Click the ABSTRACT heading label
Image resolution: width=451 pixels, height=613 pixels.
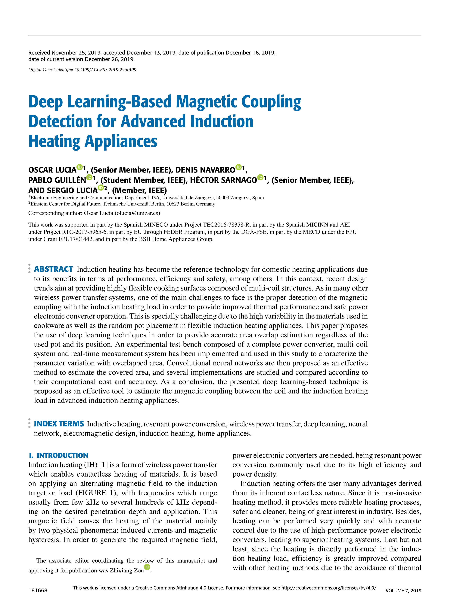53,269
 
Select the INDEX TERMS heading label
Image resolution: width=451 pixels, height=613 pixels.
59,424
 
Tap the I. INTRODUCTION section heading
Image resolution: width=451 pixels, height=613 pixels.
58,455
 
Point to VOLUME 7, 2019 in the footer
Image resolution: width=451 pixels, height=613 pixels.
403,591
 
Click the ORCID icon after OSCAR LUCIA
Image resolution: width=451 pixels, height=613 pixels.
79,167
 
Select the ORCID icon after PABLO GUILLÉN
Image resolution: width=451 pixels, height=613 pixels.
89,177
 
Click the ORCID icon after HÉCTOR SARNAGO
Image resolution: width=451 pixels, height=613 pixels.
260,177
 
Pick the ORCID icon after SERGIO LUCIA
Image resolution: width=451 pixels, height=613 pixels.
101,188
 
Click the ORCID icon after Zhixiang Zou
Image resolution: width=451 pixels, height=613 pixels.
147,567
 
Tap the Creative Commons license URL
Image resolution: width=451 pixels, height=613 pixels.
329,588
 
